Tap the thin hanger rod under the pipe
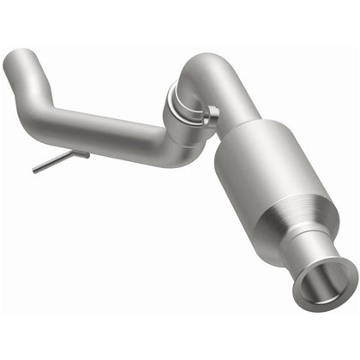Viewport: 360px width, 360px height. [x=60, y=161]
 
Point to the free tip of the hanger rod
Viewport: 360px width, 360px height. [x=35, y=171]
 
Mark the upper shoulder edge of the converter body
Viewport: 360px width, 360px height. [x=257, y=129]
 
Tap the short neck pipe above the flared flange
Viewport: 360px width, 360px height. [x=317, y=253]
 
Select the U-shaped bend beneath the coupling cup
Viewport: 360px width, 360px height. [x=171, y=154]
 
